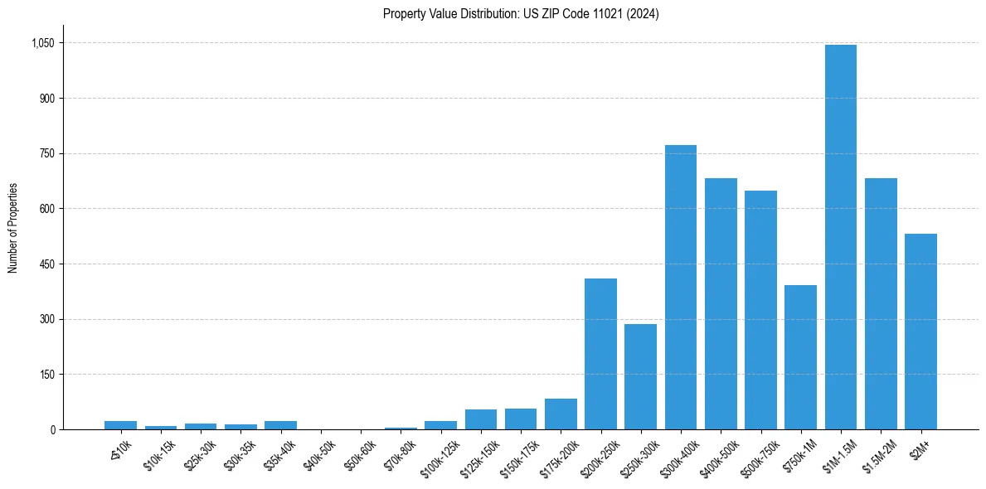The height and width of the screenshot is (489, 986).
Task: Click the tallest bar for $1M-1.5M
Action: point(841,237)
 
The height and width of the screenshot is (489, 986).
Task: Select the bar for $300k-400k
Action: point(681,287)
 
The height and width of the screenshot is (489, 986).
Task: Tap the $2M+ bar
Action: point(920,332)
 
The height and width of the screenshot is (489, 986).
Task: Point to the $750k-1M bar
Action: point(800,357)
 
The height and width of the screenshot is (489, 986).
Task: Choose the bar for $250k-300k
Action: point(640,376)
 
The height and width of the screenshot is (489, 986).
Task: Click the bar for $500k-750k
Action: point(760,310)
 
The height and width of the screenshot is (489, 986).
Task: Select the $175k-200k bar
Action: point(561,414)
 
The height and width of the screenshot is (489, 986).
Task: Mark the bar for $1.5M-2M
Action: point(881,303)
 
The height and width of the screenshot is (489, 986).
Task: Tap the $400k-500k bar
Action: point(721,303)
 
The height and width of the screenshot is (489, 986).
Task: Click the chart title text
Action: point(521,14)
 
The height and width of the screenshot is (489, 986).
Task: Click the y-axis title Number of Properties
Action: point(13,228)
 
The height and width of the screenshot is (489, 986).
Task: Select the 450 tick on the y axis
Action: point(45,264)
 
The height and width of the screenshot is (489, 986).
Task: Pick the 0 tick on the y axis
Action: point(51,430)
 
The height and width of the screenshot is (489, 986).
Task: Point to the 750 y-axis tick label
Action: point(45,154)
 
